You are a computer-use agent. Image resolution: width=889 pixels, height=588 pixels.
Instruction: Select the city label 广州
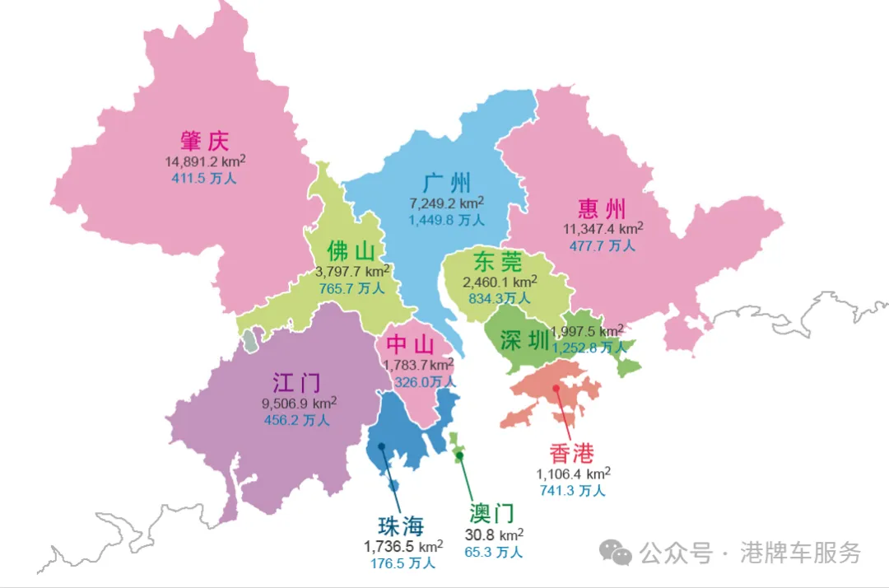tap(447, 182)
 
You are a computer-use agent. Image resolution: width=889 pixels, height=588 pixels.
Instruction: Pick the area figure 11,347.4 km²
tap(603, 228)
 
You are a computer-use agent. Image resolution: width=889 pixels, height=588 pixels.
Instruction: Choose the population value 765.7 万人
tap(351, 288)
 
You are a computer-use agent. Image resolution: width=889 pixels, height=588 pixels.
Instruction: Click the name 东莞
tap(497, 262)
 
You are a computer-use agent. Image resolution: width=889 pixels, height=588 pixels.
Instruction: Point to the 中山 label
tap(409, 344)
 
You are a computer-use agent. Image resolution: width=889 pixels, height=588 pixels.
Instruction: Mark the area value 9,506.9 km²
tap(298, 404)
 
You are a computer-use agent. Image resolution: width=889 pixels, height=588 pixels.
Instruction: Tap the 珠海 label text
tap(400, 525)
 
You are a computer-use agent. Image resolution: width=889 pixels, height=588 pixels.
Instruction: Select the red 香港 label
tap(572, 452)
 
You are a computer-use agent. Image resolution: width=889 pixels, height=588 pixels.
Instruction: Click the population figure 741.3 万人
tap(573, 490)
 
